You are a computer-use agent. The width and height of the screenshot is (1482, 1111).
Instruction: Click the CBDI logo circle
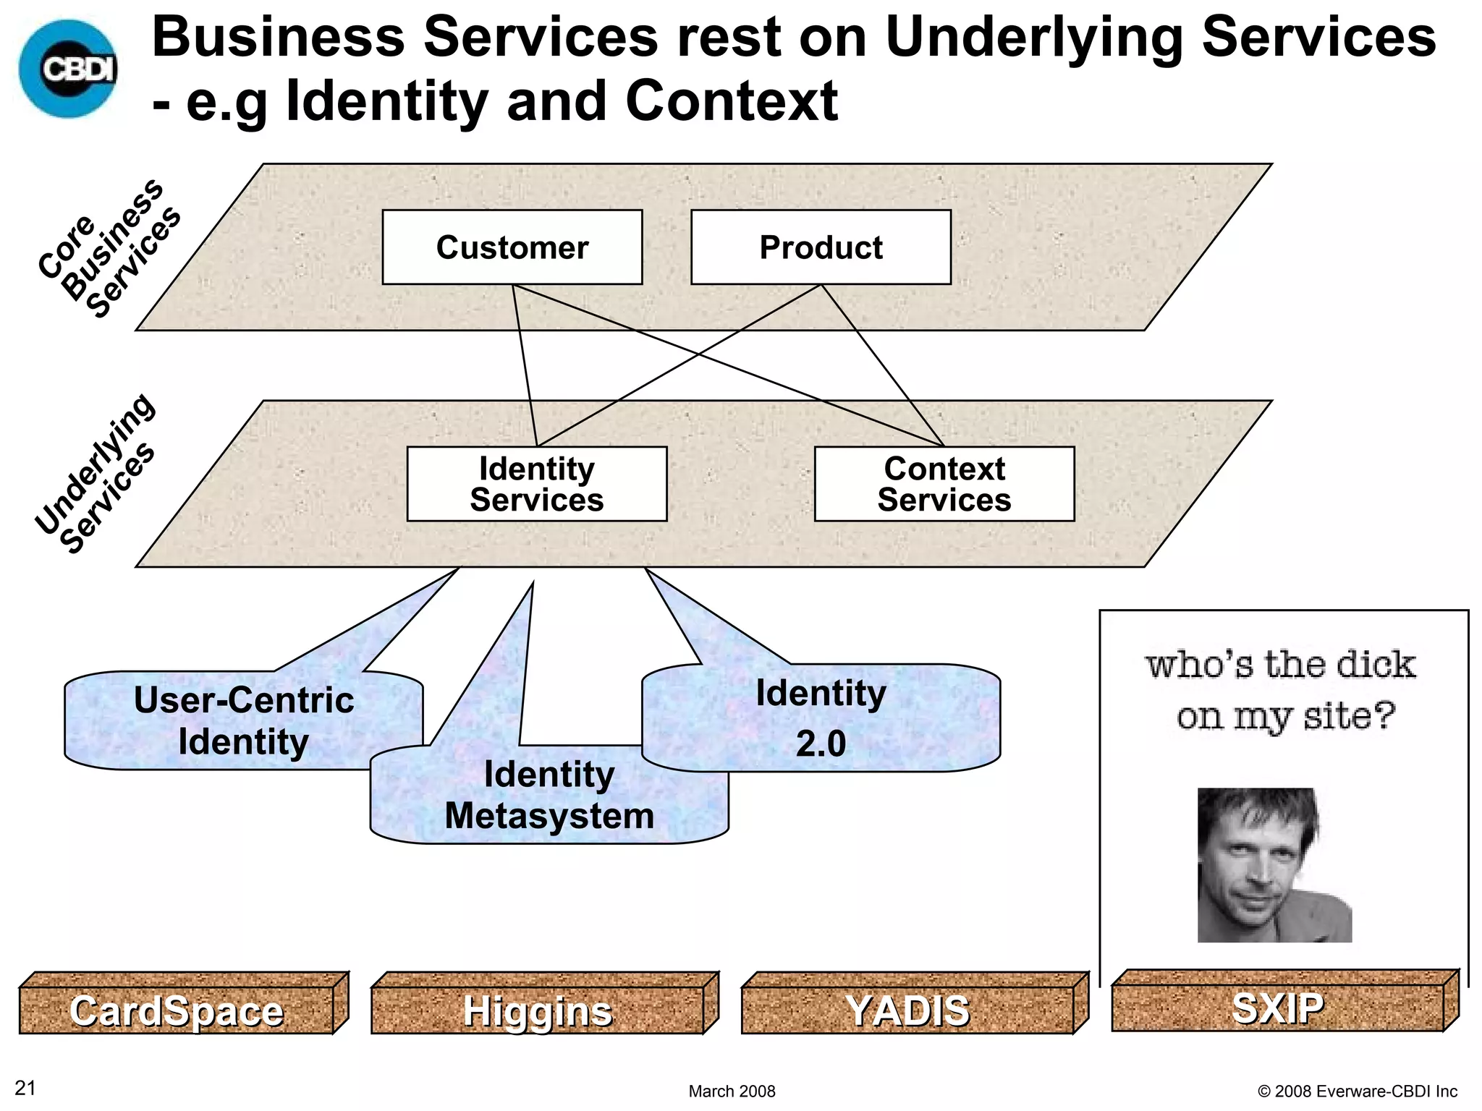(x=68, y=69)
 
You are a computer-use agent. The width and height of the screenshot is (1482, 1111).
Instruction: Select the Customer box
(x=512, y=247)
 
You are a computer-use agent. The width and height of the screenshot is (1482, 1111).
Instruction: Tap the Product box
(x=821, y=247)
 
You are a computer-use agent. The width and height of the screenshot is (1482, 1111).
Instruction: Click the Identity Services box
(x=536, y=484)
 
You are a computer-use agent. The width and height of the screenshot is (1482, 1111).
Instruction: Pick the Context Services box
(x=944, y=484)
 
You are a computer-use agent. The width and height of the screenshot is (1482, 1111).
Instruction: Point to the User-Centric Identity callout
(x=243, y=720)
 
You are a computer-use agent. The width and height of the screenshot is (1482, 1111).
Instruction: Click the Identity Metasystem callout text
(x=549, y=795)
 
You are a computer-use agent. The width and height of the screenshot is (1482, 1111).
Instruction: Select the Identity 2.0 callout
(x=821, y=718)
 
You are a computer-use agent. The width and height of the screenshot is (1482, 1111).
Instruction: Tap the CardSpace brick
(x=177, y=1010)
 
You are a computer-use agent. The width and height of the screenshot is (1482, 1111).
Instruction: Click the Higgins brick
(x=537, y=1010)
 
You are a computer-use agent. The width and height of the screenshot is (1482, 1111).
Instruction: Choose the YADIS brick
(x=907, y=1010)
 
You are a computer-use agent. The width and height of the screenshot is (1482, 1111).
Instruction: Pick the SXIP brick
(x=1277, y=1008)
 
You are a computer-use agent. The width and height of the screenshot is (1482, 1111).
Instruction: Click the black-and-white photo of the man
(x=1274, y=865)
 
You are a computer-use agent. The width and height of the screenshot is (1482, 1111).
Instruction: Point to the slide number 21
(x=25, y=1088)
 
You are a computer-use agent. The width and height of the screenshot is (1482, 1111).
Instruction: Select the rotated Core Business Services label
(x=109, y=247)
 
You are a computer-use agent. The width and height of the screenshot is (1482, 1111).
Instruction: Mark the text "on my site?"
(x=1285, y=717)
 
